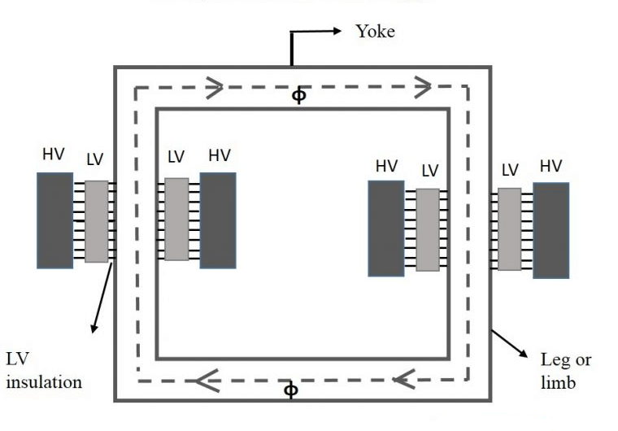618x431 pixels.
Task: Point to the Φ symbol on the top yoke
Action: pos(299,96)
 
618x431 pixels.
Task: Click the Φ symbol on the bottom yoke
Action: pos(291,390)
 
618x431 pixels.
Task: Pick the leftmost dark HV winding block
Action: pos(54,220)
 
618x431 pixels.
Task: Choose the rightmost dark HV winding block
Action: pos(551,230)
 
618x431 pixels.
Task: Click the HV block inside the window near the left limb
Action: pos(218,220)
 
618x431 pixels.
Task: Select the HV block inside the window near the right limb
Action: pos(385,228)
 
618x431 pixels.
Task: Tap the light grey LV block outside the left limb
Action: pos(96,221)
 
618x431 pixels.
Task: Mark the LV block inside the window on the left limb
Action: pos(176,219)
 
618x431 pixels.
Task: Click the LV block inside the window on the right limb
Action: pos(428,229)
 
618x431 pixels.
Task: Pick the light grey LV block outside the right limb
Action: pos(509,229)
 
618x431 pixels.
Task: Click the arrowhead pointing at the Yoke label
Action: pos(335,32)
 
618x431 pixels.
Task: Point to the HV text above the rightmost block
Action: pos(551,166)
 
